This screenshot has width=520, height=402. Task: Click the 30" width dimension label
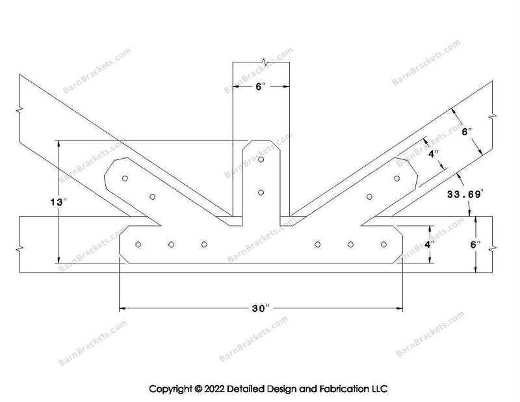point(261,309)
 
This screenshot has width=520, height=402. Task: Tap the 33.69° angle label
point(465,194)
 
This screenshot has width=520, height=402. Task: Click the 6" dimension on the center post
point(261,87)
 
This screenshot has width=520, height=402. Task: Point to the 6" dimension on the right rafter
point(467,132)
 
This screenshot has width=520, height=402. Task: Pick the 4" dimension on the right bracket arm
point(434,154)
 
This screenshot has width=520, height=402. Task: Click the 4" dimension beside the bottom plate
point(430,245)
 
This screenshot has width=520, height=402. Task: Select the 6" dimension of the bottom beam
point(475,245)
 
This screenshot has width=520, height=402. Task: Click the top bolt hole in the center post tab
point(261,159)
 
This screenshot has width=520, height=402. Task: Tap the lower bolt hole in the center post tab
point(261,193)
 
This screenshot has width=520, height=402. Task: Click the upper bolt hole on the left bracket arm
point(125,179)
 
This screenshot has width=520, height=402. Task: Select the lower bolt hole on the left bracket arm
point(153,197)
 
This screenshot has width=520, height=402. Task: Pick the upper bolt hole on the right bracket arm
point(397,179)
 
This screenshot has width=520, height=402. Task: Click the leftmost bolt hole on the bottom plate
point(138,245)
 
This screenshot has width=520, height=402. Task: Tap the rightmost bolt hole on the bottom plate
point(383,245)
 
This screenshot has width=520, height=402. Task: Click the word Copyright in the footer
point(170,389)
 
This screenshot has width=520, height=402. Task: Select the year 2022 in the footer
point(214,389)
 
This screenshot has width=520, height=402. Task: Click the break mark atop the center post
point(265,62)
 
